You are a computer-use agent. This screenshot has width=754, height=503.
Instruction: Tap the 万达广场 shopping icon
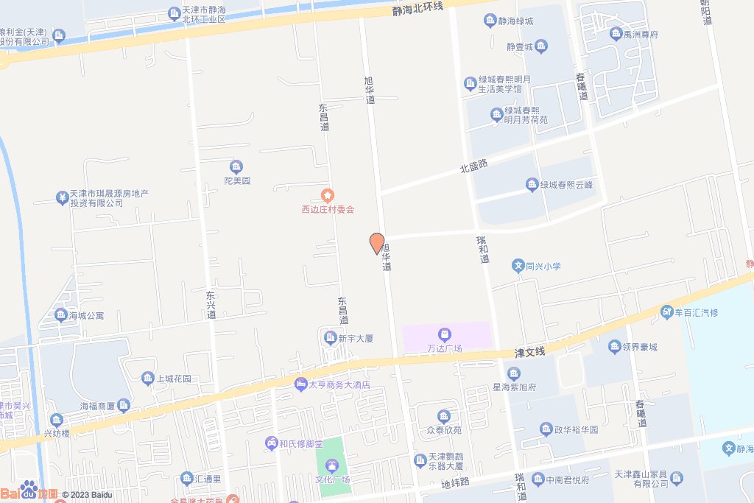coord(445,334)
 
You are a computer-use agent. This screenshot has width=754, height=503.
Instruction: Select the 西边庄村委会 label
coord(328,209)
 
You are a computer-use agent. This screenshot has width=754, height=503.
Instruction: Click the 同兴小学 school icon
coord(518,266)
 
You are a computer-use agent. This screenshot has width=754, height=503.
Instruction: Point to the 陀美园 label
coord(237,180)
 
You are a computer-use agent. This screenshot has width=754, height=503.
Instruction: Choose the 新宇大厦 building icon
coord(331,338)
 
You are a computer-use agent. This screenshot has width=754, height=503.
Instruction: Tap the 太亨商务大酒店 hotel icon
coord(300,384)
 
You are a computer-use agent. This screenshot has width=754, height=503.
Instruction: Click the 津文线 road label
coord(529,353)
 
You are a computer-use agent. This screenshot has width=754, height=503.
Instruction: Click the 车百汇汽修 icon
coord(667,312)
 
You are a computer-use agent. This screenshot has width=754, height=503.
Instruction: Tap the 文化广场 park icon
coord(332,465)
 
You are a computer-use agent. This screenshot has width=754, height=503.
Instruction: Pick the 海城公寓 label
coord(86,316)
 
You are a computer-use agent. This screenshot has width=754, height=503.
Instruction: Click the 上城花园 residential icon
coord(148,379)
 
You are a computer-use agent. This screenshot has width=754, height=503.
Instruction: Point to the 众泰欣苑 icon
coord(443,416)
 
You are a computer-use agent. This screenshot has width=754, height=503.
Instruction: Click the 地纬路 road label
coord(454,484)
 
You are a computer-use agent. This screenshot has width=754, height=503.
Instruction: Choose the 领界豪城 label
coord(639,347)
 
